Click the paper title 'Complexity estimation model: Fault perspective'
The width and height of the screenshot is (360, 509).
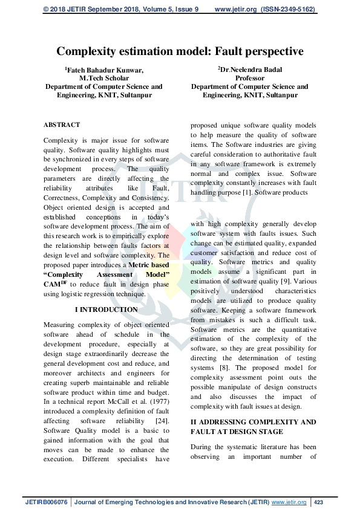click(x=180, y=51)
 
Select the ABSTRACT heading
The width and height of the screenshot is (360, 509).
click(x=61, y=125)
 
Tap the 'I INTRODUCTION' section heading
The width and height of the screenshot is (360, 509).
click(x=106, y=310)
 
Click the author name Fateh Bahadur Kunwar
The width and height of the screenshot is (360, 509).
click(x=105, y=70)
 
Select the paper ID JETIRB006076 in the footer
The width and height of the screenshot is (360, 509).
click(x=47, y=502)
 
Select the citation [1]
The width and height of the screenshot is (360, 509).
click(x=246, y=192)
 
